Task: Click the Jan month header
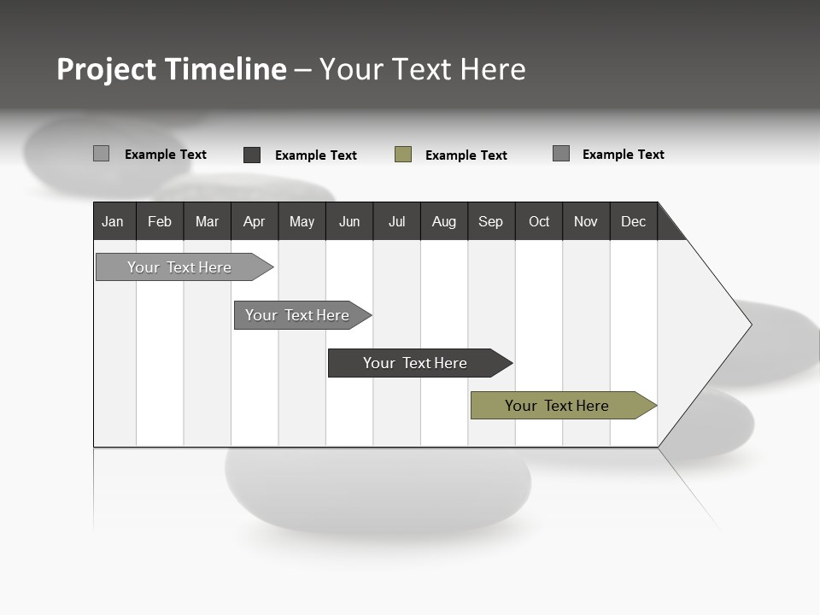[114, 221]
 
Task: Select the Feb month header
[160, 221]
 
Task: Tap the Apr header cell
[255, 221]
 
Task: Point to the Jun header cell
[349, 221]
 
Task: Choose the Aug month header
[444, 221]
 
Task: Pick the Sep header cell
[491, 221]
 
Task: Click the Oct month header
[539, 221]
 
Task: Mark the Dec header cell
[634, 221]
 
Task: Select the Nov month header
[586, 221]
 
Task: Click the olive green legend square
[403, 155]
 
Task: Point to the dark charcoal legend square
[252, 155]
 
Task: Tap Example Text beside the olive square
[466, 155]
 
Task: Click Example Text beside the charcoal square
[316, 155]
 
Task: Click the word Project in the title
[107, 69]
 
